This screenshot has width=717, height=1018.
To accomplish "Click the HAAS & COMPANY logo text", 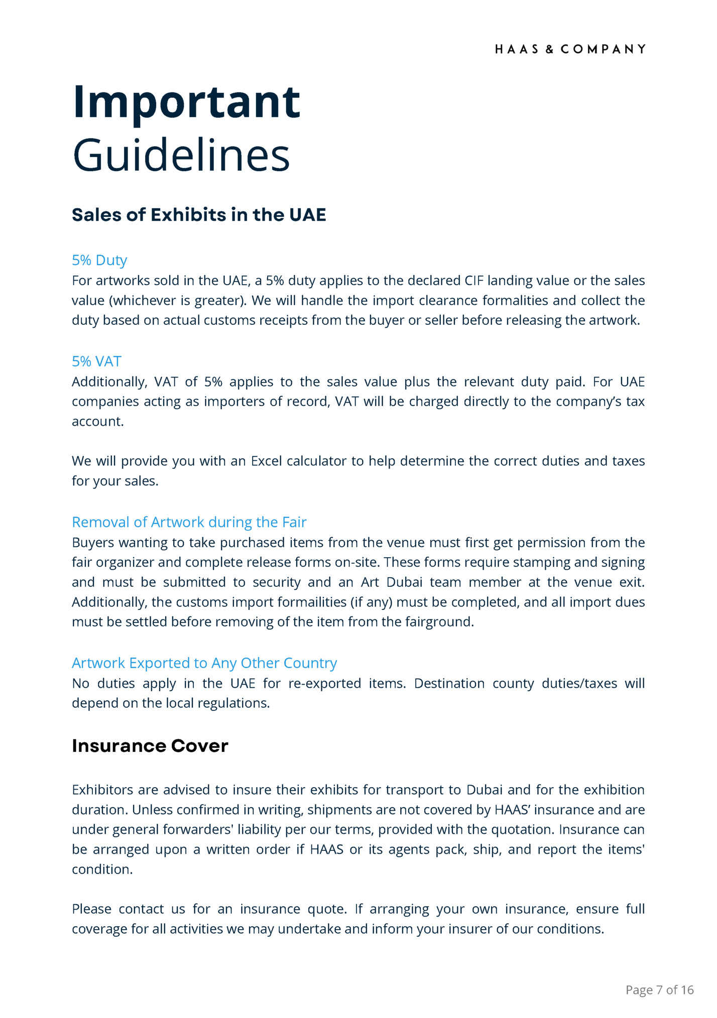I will click(x=570, y=49).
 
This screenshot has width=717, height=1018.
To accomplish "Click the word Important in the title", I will click(x=186, y=102).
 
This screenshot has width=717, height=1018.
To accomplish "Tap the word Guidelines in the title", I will click(x=181, y=155).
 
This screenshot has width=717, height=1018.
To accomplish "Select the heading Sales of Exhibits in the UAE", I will click(x=199, y=215).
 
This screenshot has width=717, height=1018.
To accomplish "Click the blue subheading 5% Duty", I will click(x=99, y=260).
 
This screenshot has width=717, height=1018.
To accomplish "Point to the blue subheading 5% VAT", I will click(x=96, y=361).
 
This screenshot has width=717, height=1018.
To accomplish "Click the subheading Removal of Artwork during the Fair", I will click(x=189, y=522).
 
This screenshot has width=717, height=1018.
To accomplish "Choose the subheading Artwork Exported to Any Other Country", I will click(x=204, y=663).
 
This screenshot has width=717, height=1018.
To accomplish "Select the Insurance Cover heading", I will click(x=150, y=746).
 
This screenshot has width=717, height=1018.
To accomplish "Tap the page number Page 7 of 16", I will click(x=659, y=990).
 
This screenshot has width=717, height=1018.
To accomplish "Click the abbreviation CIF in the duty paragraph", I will click(x=473, y=281).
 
